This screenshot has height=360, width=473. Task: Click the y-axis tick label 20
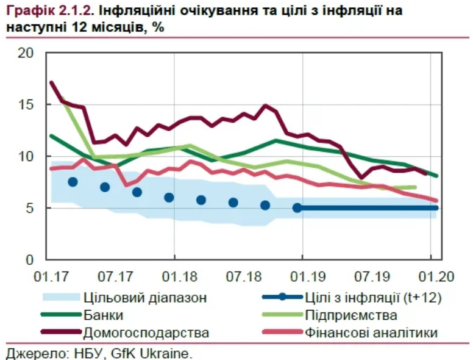click(x=26, y=54)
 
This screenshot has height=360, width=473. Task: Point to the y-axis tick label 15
click(x=26, y=105)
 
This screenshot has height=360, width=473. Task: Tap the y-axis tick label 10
click(x=26, y=157)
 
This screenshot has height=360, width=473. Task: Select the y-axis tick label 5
click(x=30, y=208)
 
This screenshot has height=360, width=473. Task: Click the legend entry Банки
click(x=104, y=315)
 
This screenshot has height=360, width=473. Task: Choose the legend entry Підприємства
click(x=350, y=315)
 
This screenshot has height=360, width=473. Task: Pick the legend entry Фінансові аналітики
click(x=370, y=333)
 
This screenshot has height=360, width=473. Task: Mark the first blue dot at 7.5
click(x=73, y=182)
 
